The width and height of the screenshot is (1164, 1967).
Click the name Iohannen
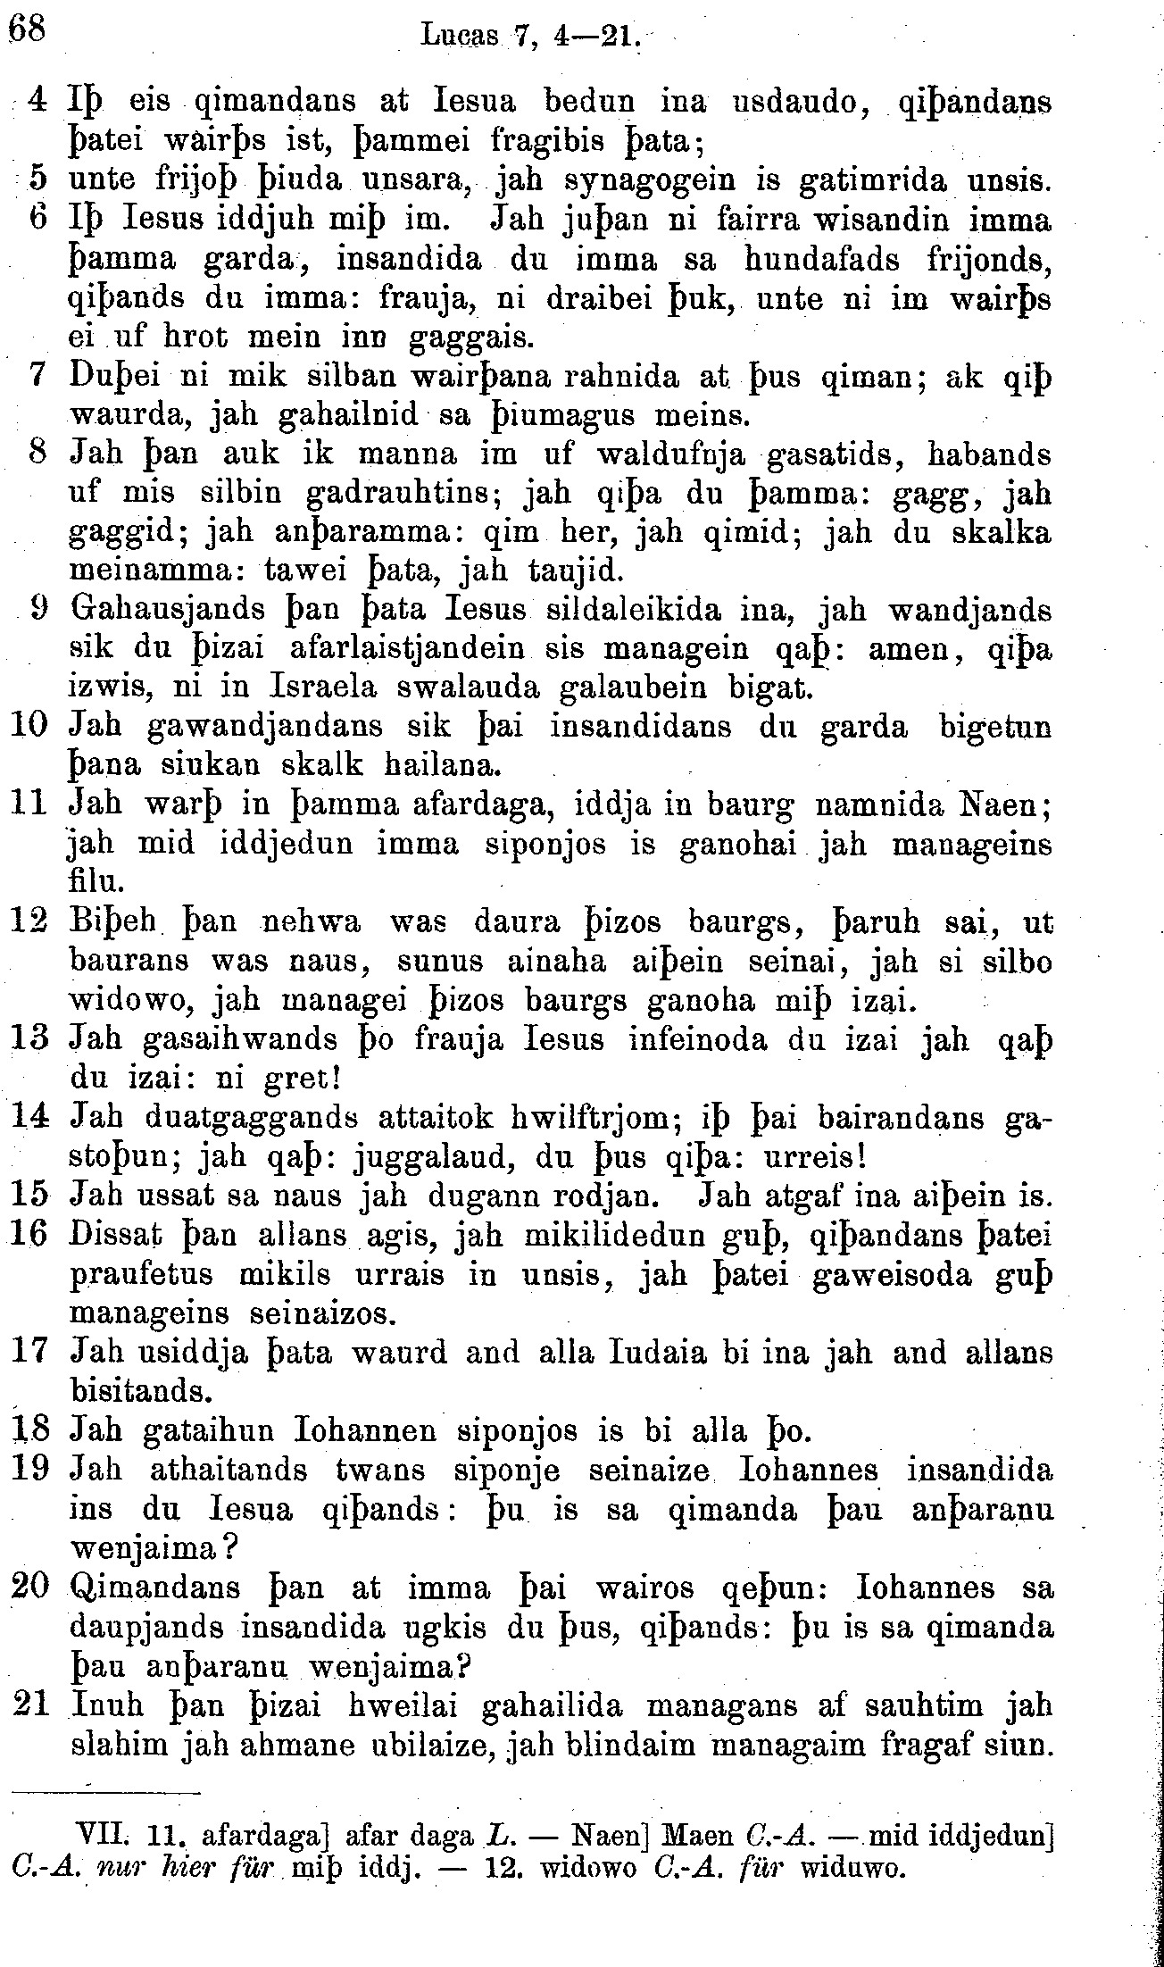point(364,1432)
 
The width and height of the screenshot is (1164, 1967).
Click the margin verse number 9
point(38,610)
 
